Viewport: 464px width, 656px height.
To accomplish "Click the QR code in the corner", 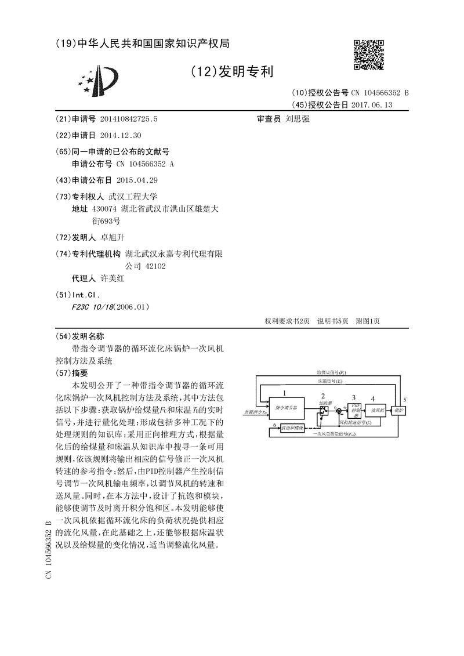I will (369, 54).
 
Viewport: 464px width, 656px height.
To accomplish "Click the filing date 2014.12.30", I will (120, 135).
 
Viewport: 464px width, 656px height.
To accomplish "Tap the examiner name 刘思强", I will (298, 118).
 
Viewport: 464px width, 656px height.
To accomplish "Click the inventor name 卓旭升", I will (113, 238).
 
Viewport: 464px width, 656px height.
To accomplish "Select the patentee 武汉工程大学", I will (133, 196).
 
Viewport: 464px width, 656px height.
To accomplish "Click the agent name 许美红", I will (113, 278).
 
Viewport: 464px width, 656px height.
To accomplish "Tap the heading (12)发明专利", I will (231, 72).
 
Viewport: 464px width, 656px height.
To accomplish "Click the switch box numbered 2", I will (324, 410).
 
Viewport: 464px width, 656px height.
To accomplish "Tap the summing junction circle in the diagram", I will (338, 411).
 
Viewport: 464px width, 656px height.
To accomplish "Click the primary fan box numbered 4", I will (375, 410).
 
